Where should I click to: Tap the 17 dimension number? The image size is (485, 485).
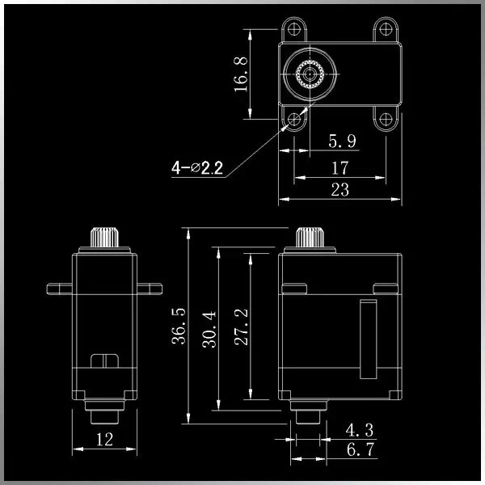339,167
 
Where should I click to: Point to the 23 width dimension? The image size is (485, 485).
339,190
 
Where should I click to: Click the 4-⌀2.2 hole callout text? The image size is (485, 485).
197,168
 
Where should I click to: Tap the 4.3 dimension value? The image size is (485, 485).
358,428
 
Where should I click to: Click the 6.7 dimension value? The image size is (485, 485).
358,449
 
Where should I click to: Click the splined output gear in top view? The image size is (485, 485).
309,76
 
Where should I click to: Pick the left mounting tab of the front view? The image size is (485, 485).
60,286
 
